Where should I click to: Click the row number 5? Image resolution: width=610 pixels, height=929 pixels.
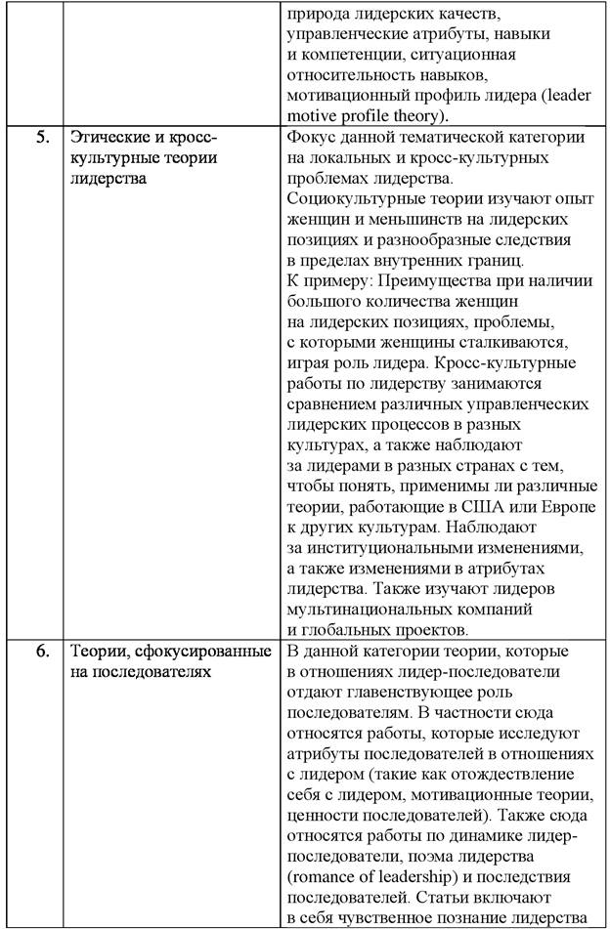click(x=42, y=137)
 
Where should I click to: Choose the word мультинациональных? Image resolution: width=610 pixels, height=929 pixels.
click(x=367, y=609)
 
